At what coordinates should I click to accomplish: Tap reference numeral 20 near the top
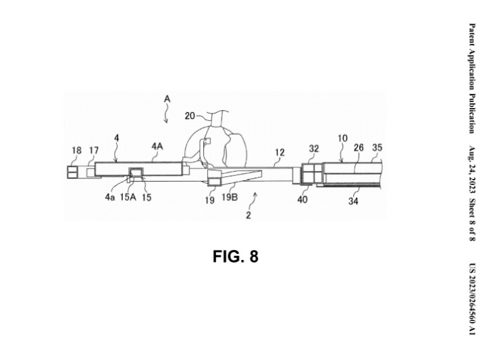pos(190,115)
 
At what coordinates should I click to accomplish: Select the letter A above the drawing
pos(167,99)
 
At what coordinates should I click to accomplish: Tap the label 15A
pos(127,198)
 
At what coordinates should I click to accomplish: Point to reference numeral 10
pos(342,139)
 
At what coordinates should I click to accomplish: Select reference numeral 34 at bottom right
pos(353,200)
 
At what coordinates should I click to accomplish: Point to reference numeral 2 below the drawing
pos(248,216)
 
